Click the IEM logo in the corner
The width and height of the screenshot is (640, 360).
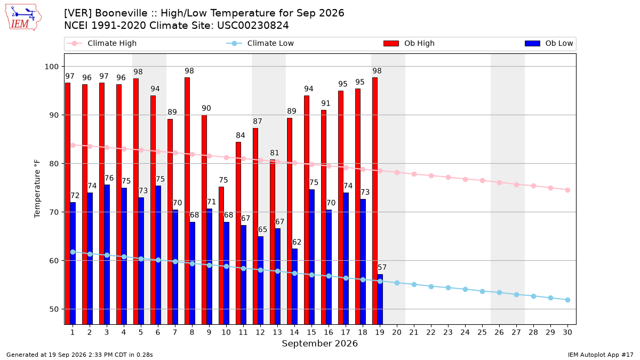tap(23, 18)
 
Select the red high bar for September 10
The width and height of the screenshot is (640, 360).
tap(221, 255)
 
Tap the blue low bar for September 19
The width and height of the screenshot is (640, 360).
tap(380, 299)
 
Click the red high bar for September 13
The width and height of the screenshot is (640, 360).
tap(273, 242)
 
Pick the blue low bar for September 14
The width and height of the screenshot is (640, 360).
tap(295, 286)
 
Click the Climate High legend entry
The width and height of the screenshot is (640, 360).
tap(102, 43)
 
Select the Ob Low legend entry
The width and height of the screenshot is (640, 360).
tap(549, 43)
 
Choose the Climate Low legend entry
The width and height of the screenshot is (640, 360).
tap(260, 43)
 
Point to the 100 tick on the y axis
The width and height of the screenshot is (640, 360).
tap(51, 67)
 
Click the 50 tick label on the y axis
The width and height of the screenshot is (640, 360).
tap(54, 309)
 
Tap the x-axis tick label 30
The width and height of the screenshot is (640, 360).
tap(567, 332)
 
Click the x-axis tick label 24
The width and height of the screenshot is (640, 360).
tap(465, 332)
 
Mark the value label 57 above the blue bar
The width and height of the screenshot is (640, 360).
tap(382, 267)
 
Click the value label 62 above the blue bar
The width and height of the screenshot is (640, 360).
tap(297, 242)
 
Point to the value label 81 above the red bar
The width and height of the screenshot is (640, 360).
tap(275, 153)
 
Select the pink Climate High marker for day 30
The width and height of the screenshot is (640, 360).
tap(567, 190)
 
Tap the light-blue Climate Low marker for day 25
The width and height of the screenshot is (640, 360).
tap(482, 291)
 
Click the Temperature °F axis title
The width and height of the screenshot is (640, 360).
tap(37, 189)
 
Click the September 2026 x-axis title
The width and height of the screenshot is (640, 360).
tap(319, 343)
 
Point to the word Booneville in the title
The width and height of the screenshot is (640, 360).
tap(125, 13)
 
